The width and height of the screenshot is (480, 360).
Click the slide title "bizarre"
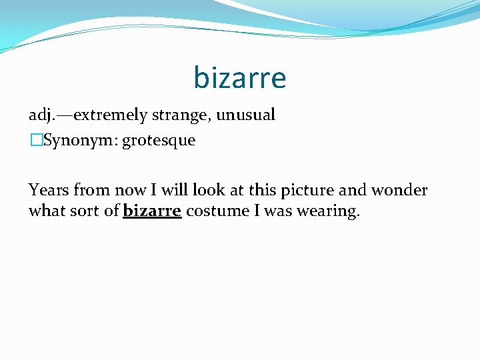point(240,78)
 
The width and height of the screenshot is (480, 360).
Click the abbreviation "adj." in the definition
point(42,115)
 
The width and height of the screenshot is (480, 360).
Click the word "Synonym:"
point(80,141)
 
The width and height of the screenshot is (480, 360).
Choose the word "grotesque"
point(159,141)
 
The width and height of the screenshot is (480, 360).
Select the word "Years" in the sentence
point(49,190)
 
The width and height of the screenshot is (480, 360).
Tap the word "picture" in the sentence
point(307,191)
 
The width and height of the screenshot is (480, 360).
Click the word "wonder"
point(399,190)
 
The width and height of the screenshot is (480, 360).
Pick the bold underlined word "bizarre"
point(152,211)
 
